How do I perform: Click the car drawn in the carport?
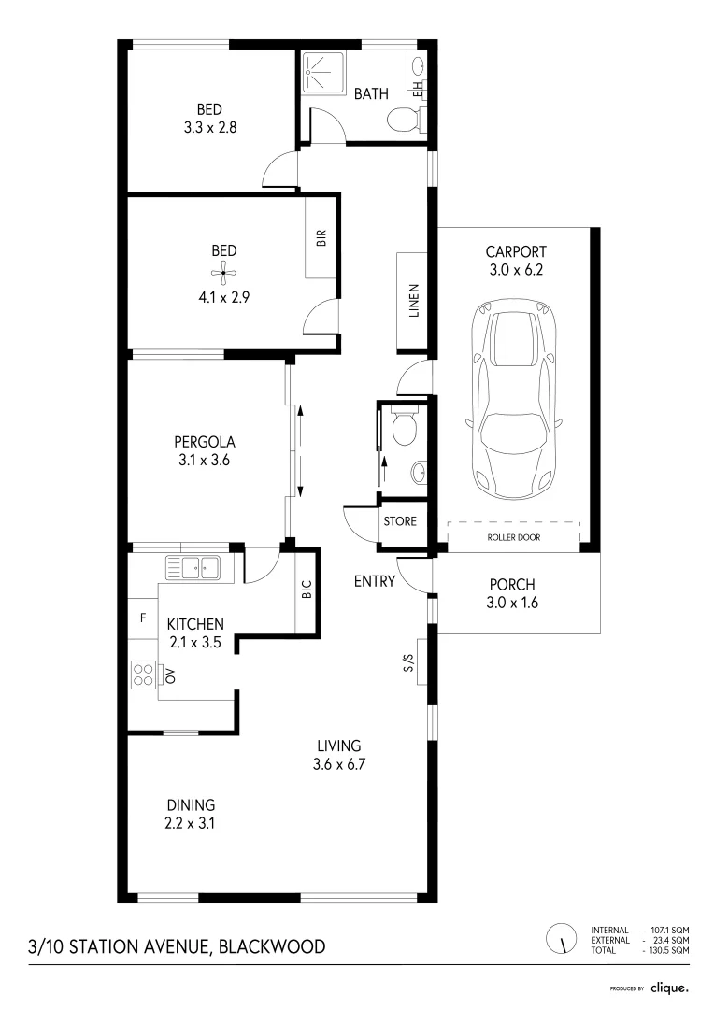pos(514,397)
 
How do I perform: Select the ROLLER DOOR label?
pos(513,538)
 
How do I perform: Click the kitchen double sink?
pos(192,566)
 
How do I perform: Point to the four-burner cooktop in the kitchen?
pos(143,674)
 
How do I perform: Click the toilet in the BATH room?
pos(405,120)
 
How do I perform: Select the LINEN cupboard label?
pos(414,301)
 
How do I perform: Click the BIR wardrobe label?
pos(321,237)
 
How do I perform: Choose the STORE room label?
pos(400,521)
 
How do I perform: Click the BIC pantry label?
pos(307,590)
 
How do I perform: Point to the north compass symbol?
pos(562,938)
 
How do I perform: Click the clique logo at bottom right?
pos(669,988)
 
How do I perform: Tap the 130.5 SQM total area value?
pos(670,950)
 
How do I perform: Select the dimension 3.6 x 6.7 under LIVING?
pos(338,765)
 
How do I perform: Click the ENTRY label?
pos(374,581)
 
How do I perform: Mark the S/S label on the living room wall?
pos(407,662)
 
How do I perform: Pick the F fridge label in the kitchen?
pos(142,618)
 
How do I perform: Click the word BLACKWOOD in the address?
pos(272,946)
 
